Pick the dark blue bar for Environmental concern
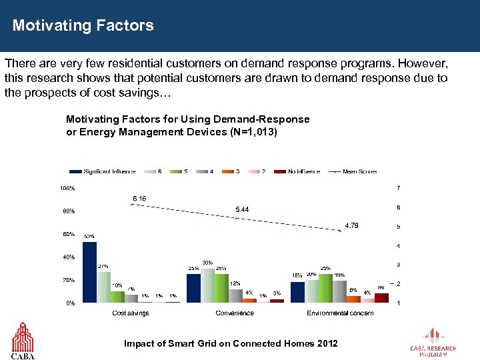297,291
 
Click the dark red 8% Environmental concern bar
381,297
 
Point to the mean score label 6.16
139,198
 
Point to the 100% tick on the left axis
67,188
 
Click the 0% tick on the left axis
69,303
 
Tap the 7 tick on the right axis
398,187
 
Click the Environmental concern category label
339,313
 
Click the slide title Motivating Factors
83,26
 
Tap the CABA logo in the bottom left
23,340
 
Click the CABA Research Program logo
433,343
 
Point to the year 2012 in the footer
326,343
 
